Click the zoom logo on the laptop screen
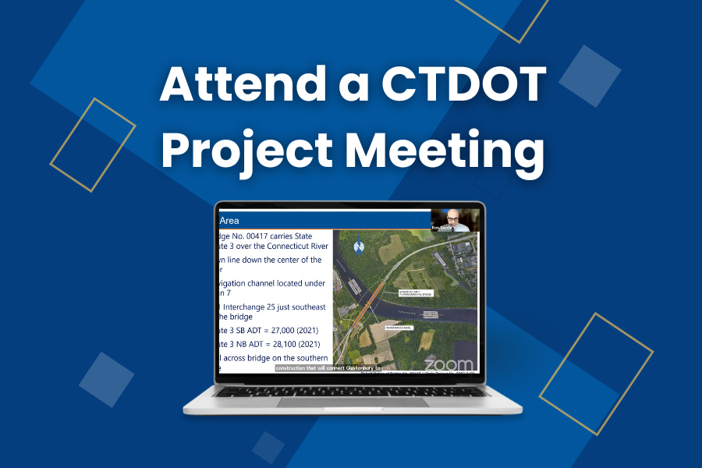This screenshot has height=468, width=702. coord(448,364)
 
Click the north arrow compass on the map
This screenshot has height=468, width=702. coord(359,246)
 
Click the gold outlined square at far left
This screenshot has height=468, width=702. coord(93,144)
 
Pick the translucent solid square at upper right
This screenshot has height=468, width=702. coord(590,76)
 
